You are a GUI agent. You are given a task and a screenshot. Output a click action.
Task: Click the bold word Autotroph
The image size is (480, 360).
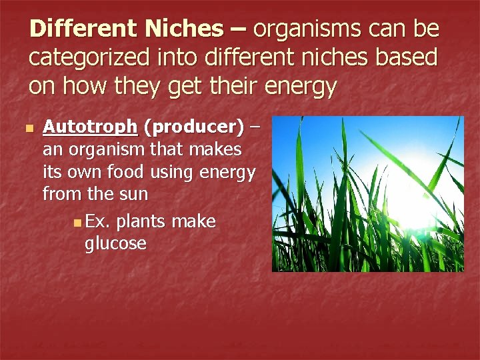(90, 127)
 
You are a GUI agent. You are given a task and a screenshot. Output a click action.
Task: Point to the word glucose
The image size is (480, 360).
(115, 243)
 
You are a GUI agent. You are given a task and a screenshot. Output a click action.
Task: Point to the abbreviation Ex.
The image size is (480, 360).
(98, 221)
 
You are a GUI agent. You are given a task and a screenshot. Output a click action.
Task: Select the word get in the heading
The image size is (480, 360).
(199, 87)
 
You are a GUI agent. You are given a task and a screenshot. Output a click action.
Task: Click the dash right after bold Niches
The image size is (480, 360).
(239, 29)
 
